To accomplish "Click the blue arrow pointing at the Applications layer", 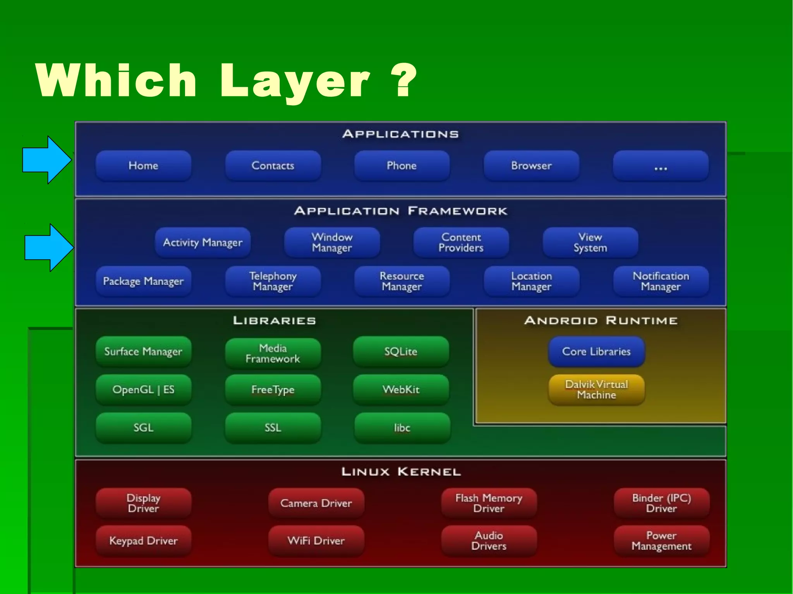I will click(46, 160).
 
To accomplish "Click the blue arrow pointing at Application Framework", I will click(48, 248).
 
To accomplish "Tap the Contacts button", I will click(273, 166).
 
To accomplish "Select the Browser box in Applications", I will click(531, 166).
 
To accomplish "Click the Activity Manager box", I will click(203, 243).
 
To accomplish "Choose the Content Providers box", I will click(461, 243).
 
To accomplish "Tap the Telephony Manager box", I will click(273, 281).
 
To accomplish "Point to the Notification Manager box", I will click(661, 281).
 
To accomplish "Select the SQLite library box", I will click(401, 351).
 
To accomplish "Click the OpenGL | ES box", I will click(143, 389).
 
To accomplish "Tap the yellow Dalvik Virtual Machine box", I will click(596, 389).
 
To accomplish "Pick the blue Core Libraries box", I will click(596, 351).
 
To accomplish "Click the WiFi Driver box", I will click(316, 541).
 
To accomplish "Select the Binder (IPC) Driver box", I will click(661, 503).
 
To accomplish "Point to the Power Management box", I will click(661, 541).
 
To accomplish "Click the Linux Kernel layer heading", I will click(401, 472).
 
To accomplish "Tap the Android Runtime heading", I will click(601, 321).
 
